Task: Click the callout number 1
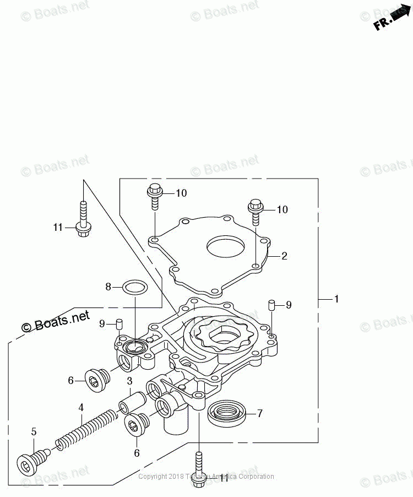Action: (336, 299)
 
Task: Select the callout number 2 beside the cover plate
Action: (284, 256)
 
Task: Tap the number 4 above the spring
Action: (81, 408)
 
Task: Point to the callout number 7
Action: (260, 413)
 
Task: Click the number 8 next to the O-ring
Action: (108, 287)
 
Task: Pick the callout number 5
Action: (33, 431)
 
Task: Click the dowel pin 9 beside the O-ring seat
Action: (118, 325)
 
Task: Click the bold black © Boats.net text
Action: (55, 321)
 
